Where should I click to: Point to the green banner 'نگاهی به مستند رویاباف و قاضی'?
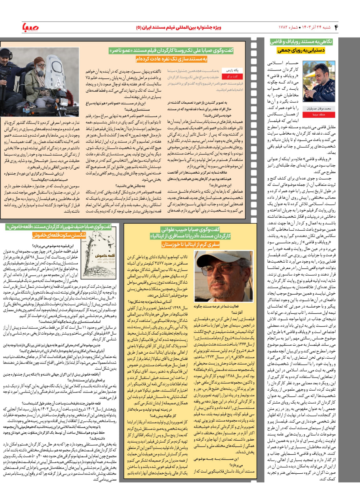(302, 41)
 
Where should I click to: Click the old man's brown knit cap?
(39, 60)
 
